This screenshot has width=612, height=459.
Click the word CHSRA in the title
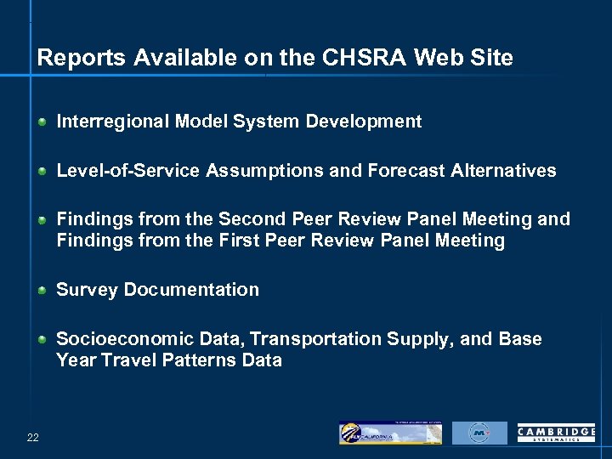pos(367,58)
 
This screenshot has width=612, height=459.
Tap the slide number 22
pos(32,437)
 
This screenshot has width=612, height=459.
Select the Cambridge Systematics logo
pos(556,433)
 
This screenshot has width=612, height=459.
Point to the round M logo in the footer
pos(479,433)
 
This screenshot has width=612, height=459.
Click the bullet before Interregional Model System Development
pos(42,122)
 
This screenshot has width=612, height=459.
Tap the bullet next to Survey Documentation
pos(42,291)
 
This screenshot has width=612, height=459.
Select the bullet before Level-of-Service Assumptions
pos(42,172)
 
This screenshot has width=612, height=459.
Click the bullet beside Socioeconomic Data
pos(42,340)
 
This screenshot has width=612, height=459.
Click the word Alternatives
pos(504,171)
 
